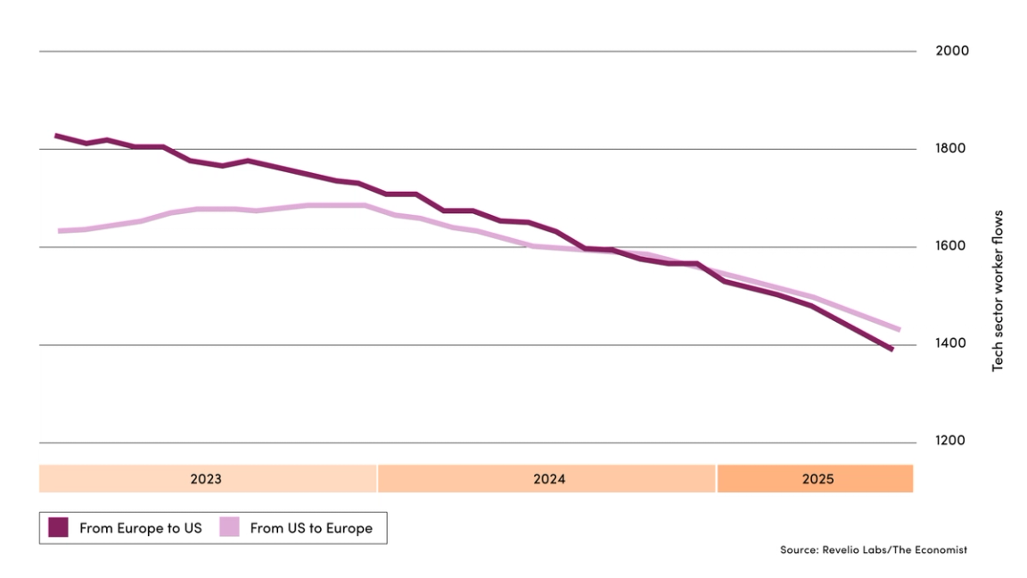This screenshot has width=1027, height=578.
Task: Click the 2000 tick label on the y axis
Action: tap(951, 51)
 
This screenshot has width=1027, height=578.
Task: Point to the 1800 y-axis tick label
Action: tap(951, 149)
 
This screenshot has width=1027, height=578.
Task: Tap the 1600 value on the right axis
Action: tap(951, 246)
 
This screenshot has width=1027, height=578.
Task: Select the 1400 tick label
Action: tap(951, 344)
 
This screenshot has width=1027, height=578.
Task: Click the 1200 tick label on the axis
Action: tap(951, 442)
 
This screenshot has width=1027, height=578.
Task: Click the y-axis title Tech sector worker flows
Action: tap(998, 291)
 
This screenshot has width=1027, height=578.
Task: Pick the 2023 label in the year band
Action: tap(206, 479)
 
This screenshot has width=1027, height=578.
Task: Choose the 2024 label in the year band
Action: tap(549, 479)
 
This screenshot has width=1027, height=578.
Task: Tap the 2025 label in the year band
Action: tap(817, 479)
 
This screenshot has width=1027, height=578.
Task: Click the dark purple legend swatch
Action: tap(58, 528)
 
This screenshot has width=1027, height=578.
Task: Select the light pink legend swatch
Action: tap(229, 528)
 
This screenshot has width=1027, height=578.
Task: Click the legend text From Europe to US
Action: tap(140, 528)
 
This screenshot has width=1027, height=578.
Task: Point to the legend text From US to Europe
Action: tap(311, 528)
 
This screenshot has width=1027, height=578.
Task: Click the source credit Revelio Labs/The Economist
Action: tap(873, 550)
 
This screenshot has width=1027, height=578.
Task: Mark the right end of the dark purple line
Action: tap(891, 350)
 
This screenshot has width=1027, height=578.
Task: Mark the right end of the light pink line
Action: tap(899, 330)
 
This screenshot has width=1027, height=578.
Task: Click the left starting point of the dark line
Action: tap(56, 136)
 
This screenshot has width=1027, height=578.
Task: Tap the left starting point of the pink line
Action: tap(60, 231)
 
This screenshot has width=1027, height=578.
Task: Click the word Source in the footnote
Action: tap(799, 550)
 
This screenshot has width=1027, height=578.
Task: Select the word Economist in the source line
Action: tap(938, 550)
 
